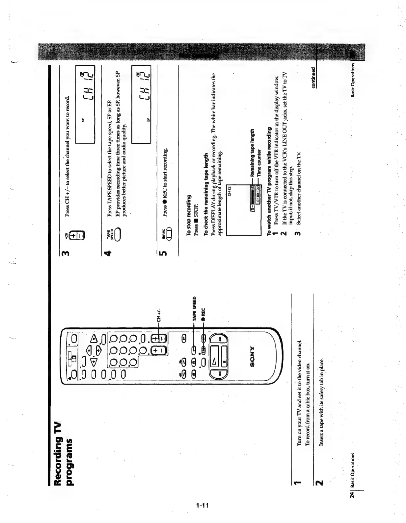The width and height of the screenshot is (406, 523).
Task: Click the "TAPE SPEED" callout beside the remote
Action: coord(194,309)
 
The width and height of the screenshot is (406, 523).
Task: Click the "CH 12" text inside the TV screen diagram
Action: coord(230,191)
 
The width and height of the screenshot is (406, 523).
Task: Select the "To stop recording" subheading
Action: coord(189,215)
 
